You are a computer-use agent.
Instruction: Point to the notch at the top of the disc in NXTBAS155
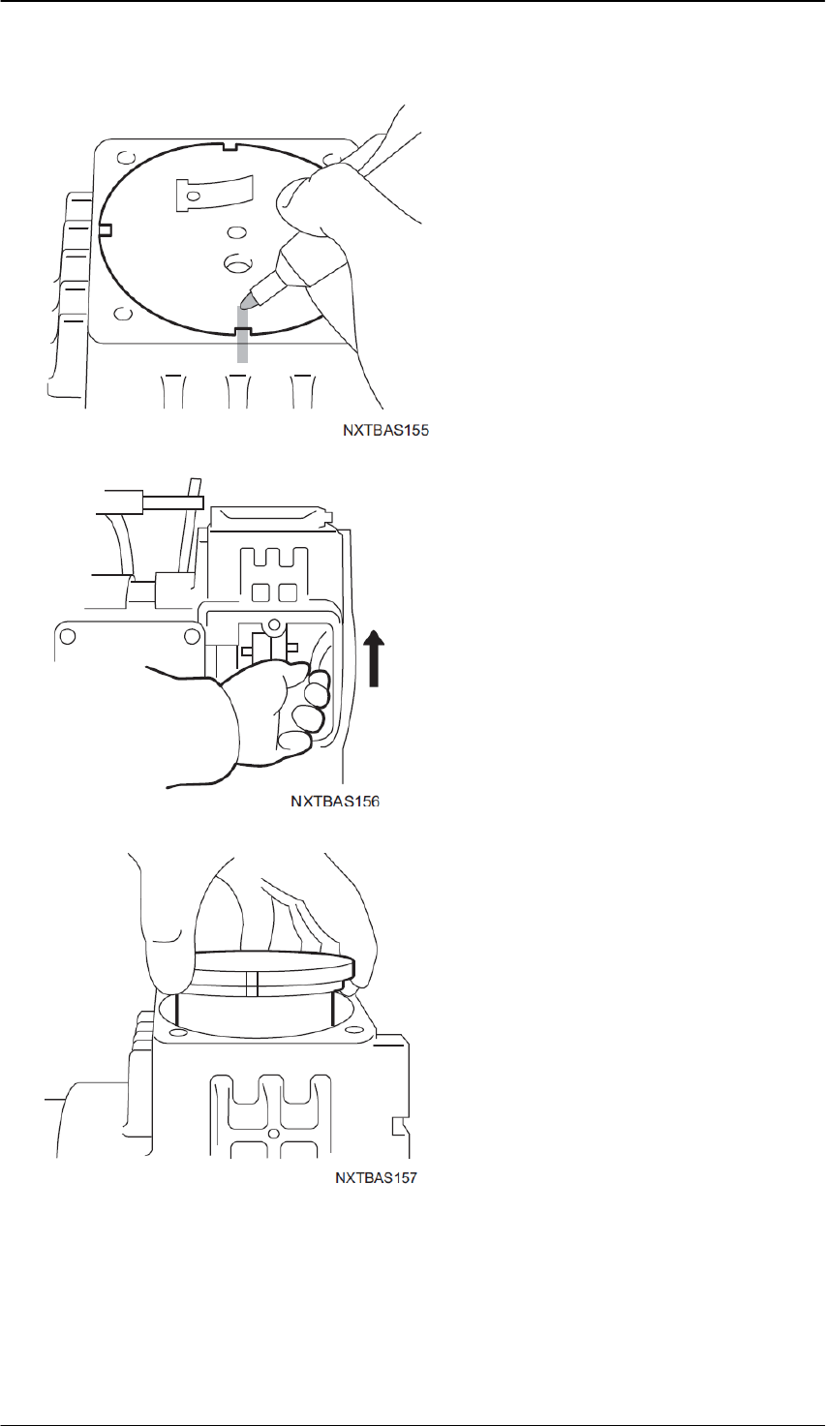coord(229,147)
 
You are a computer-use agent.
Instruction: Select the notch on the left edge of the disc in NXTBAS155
coord(107,229)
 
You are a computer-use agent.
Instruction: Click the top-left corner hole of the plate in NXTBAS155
coord(123,159)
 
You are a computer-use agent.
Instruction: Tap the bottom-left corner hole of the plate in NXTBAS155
coord(121,314)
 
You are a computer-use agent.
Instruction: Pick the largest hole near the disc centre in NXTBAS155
coord(235,262)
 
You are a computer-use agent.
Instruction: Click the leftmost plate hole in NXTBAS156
coord(67,636)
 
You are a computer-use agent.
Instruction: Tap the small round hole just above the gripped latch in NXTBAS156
coord(274,625)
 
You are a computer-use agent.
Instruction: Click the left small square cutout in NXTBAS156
coord(260,592)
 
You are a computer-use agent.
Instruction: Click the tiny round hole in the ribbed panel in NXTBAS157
coord(274,1133)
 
